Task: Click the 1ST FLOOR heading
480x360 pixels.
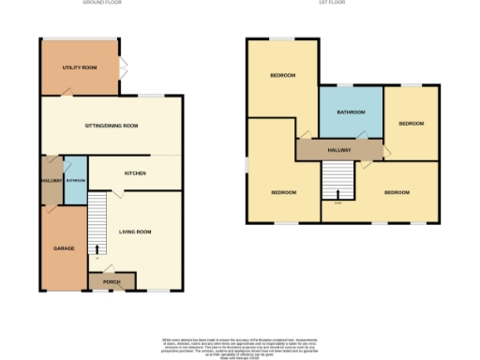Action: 341,4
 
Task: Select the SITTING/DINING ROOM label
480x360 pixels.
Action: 112,125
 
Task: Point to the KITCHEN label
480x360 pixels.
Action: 135,173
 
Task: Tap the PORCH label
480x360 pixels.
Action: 111,281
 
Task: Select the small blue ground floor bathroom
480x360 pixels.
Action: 75,180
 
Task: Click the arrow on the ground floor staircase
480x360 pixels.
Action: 96,248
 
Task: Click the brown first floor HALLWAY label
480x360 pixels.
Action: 340,149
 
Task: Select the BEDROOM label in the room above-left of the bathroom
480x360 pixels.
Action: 283,75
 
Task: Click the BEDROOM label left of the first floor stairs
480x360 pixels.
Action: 283,192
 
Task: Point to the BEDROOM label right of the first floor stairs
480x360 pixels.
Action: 397,192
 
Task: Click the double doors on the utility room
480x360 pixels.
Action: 122,68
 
